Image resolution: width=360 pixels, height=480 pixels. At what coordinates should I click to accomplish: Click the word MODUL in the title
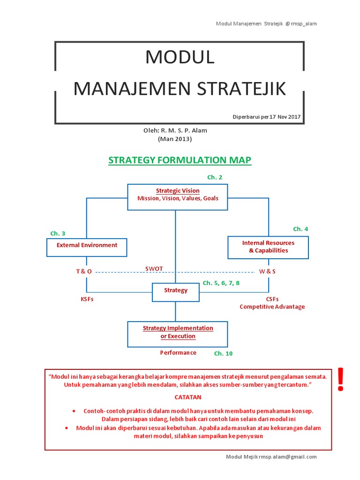[x=180, y=57]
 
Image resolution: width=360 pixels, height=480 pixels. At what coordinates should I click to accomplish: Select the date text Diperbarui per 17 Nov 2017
[x=267, y=117]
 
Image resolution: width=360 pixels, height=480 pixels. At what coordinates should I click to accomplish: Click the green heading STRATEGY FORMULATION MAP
[x=180, y=160]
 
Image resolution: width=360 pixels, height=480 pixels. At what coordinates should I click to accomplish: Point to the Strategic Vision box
[x=178, y=197]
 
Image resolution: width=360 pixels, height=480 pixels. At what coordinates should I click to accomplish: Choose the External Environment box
[x=87, y=247]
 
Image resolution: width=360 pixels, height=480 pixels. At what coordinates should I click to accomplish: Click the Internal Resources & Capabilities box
[x=268, y=247]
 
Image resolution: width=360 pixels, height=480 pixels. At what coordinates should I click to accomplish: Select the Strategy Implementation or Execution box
[x=178, y=334]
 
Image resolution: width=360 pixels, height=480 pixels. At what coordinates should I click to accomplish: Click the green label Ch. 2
[x=215, y=177]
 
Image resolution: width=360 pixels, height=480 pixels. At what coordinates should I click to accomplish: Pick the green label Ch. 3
[x=58, y=233]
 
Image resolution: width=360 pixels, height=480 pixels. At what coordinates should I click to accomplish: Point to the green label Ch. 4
[x=300, y=229]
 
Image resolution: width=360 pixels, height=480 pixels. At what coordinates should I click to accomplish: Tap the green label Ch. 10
[x=223, y=353]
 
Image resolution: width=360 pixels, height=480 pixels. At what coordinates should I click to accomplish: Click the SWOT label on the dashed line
[x=154, y=269]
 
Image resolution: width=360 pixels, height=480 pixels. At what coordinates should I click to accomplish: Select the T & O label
[x=84, y=271]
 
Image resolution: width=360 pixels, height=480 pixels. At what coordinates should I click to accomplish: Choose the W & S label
[x=267, y=271]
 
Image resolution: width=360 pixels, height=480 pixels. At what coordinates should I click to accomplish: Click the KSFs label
[x=87, y=299]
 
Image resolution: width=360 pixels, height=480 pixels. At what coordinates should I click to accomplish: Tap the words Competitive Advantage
[x=272, y=307]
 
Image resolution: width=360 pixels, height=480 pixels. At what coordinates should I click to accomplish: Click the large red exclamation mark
[x=340, y=379]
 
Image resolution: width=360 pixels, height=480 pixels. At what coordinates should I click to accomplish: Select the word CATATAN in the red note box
[x=188, y=397]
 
